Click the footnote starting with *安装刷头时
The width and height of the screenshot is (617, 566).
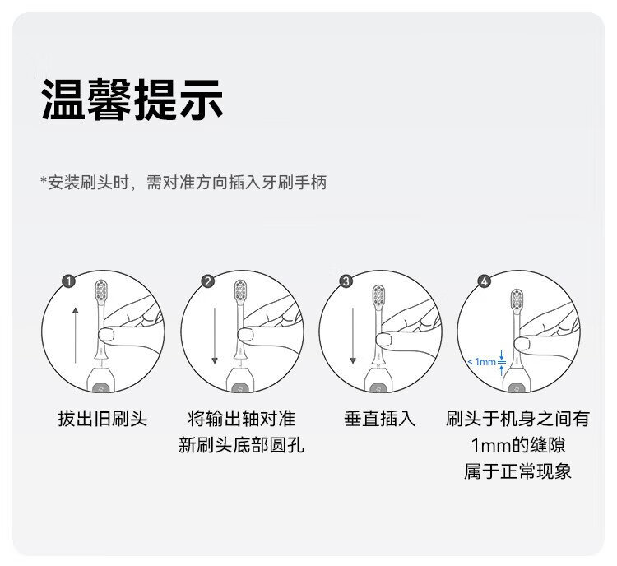[183, 183]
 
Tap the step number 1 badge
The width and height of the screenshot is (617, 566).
[69, 281]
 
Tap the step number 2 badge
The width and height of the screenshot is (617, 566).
[208, 281]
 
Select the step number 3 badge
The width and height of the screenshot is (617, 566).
[346, 281]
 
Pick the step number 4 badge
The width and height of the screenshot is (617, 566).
[485, 281]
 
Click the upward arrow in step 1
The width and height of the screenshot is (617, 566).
[75, 336]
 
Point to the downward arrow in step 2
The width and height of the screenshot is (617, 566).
[215, 336]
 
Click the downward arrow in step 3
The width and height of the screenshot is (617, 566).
[353, 336]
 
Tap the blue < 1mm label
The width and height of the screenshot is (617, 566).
[481, 361]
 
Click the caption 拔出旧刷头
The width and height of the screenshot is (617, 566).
[102, 419]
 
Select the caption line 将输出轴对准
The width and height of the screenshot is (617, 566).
[241, 419]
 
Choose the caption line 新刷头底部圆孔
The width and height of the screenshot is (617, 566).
[241, 445]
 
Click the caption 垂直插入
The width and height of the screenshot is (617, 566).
[380, 419]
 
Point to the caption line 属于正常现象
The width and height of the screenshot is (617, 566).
[517, 471]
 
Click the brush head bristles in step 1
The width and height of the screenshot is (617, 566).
[101, 291]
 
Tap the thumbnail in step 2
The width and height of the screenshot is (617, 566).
[246, 335]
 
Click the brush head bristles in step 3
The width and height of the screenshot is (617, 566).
[379, 295]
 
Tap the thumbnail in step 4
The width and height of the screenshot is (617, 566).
[522, 344]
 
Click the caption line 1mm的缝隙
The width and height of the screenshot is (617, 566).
[518, 445]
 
